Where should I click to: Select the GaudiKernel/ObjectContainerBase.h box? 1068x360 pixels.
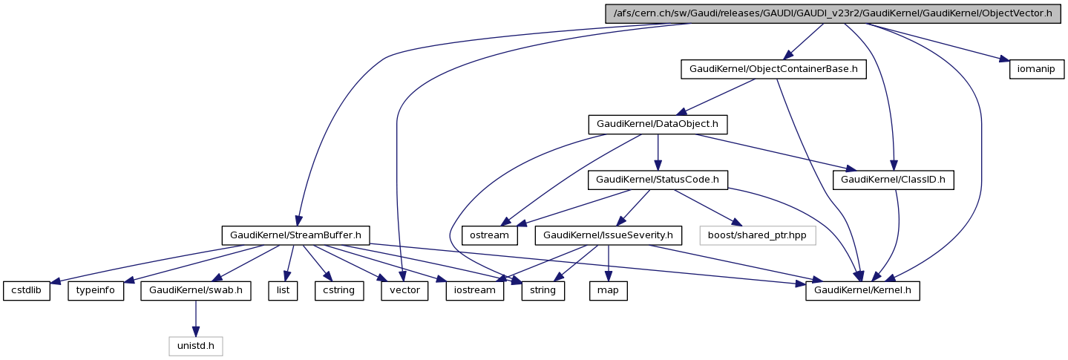click(x=774, y=69)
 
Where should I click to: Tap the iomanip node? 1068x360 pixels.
click(x=1037, y=69)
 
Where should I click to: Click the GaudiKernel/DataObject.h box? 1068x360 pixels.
click(x=658, y=124)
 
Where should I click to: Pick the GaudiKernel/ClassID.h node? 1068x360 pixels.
click(x=894, y=180)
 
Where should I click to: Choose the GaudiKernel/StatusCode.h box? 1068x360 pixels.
click(x=658, y=180)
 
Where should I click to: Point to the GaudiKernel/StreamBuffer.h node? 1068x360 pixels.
click(x=296, y=235)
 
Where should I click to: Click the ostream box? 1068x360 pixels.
click(x=490, y=235)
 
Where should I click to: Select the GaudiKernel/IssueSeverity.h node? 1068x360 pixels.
click(x=609, y=235)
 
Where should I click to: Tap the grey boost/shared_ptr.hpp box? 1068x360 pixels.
click(x=757, y=235)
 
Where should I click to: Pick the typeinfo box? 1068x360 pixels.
click(x=96, y=290)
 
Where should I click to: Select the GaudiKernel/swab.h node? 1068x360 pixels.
click(x=196, y=290)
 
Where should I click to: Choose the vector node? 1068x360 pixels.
click(x=404, y=290)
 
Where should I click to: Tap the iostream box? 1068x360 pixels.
click(x=475, y=290)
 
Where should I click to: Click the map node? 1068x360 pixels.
click(x=609, y=290)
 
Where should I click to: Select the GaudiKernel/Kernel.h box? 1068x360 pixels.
click(x=863, y=290)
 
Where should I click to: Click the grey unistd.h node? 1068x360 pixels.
click(x=196, y=346)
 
